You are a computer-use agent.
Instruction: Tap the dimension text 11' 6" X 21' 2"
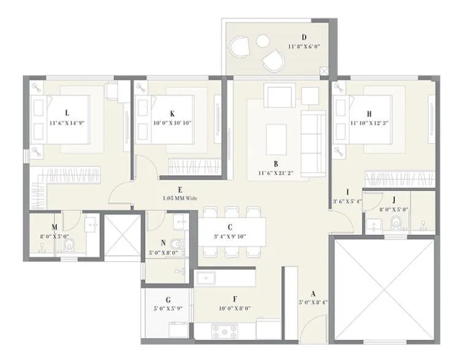276,173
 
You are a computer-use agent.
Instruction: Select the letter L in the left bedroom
66,112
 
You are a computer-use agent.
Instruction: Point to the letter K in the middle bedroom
172,113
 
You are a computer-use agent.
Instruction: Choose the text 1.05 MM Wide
180,199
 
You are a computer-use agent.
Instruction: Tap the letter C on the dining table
229,227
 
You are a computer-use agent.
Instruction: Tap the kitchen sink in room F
206,278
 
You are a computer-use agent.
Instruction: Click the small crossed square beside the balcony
325,72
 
